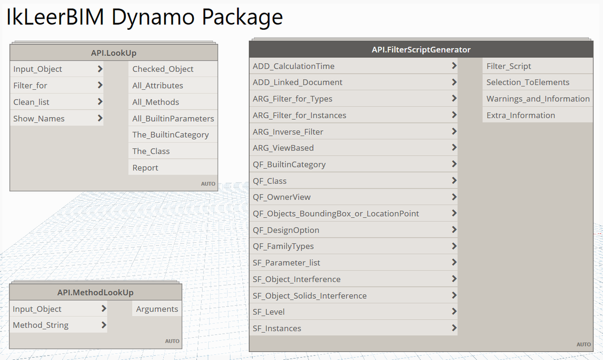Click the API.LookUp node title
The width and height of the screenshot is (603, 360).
click(x=114, y=53)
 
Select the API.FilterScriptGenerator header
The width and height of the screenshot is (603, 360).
click(x=420, y=49)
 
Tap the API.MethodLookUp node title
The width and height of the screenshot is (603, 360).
click(x=95, y=293)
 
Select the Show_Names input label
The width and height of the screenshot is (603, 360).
click(x=39, y=119)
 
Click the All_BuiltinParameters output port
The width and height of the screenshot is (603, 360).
click(x=173, y=119)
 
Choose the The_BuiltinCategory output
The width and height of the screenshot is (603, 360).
click(x=170, y=135)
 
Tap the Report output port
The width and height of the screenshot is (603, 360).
click(x=145, y=168)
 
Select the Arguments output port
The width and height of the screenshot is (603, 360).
click(x=157, y=309)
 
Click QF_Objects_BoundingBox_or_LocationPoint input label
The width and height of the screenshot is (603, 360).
click(x=336, y=214)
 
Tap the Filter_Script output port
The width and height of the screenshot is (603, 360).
click(x=509, y=66)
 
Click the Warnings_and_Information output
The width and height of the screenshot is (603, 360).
click(x=538, y=99)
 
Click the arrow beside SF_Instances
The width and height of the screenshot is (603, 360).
click(x=454, y=328)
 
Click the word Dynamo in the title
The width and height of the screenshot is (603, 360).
click(x=153, y=18)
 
